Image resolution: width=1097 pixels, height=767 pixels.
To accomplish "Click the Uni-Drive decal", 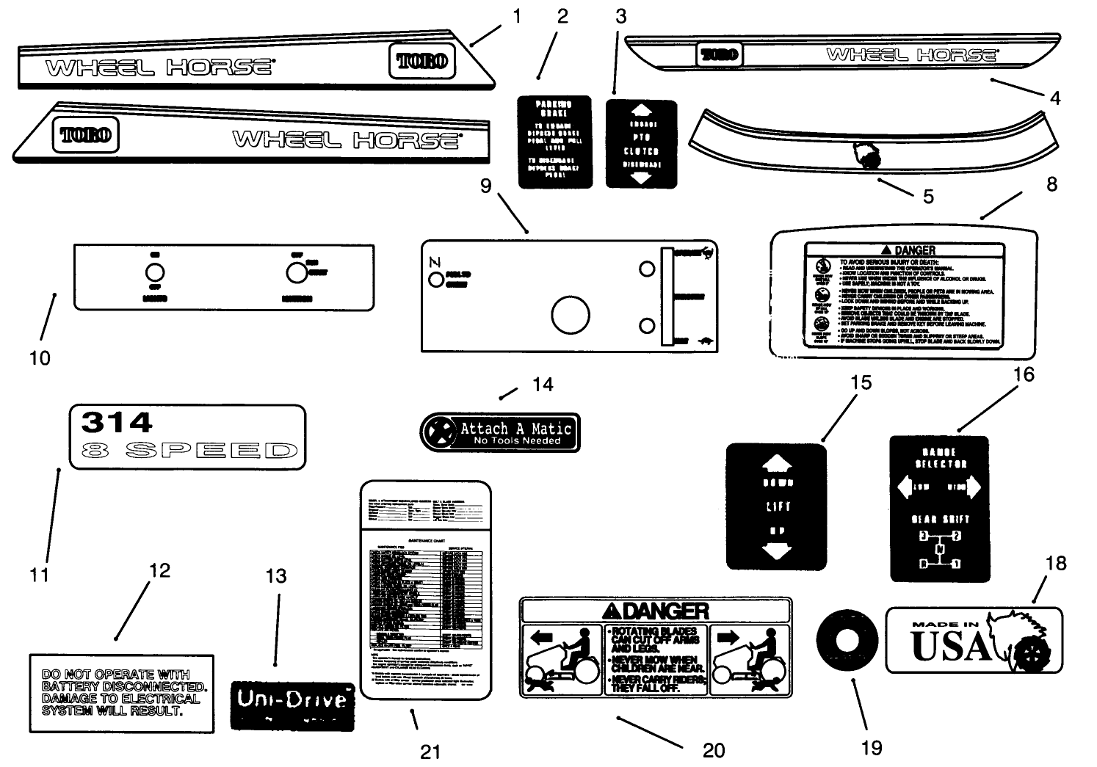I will point(292,706).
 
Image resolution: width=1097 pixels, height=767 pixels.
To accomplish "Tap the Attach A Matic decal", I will point(500,432).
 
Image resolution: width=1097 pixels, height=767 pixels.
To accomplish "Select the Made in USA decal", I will point(974,640).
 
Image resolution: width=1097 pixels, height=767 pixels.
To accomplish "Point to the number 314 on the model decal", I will point(117,423).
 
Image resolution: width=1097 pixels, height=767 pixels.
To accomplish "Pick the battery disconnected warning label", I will point(122,693).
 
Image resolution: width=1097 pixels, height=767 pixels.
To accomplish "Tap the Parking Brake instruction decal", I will point(554,142).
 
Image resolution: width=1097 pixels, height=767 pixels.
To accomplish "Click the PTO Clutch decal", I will point(641,145).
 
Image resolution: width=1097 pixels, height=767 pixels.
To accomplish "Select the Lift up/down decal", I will point(776,506).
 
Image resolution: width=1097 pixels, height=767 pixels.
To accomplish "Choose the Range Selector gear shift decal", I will point(939,508).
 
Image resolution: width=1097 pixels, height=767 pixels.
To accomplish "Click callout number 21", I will point(430,751).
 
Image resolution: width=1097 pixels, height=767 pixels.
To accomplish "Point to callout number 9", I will point(485,186).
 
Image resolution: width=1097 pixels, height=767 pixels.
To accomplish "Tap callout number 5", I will point(928,196).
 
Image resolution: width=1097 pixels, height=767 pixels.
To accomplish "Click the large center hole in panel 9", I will point(571,316).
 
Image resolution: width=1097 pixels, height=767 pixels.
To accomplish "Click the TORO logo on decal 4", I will point(719,54).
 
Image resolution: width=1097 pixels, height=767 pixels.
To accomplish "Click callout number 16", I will point(1023,374).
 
